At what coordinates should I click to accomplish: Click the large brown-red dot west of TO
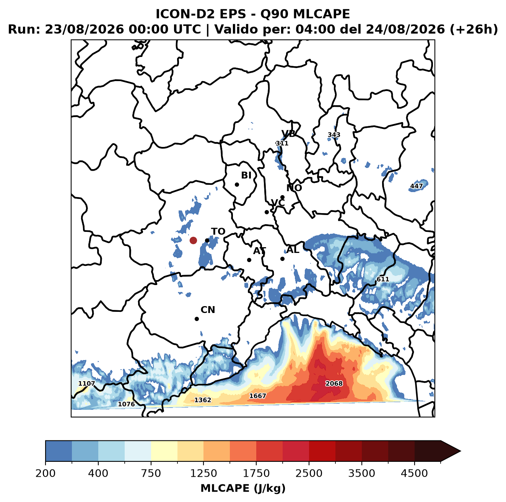[193, 240]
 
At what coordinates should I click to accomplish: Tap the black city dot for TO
[207, 240]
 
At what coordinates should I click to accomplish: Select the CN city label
[208, 310]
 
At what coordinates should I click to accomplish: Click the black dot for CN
[197, 319]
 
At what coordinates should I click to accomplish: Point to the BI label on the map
[246, 175]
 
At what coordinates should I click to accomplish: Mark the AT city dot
[249, 260]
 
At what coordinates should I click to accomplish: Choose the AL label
[293, 249]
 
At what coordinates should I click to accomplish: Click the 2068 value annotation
[334, 383]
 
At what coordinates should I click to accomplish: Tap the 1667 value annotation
[258, 396]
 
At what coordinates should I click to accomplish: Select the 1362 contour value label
[202, 400]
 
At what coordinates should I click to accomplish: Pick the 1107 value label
[86, 383]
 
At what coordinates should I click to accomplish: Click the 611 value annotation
[383, 279]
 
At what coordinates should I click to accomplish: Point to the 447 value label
[417, 186]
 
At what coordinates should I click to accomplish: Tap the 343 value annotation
[334, 135]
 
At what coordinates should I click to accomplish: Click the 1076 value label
[126, 404]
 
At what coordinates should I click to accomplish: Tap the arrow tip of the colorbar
[460, 451]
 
